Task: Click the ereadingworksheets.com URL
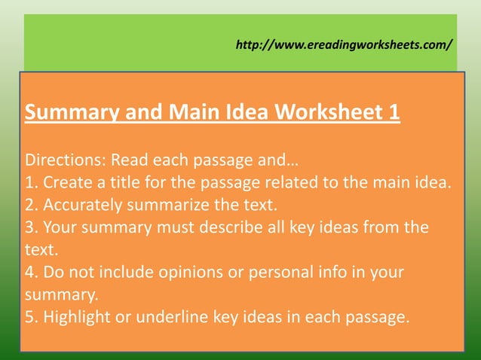pyautogui.click(x=345, y=44)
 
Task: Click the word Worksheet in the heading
pyautogui.click(x=328, y=114)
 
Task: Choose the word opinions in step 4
pyautogui.click(x=188, y=272)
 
